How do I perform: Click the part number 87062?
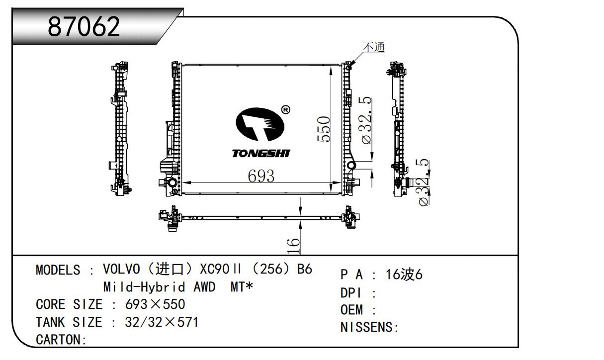[84, 26]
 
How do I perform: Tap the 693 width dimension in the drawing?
[261, 176]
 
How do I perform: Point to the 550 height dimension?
[324, 129]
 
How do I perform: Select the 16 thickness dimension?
[293, 246]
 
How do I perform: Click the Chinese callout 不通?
[374, 47]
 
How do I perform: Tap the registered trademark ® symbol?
[285, 110]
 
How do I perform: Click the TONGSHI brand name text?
[261, 154]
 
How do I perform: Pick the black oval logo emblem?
[260, 124]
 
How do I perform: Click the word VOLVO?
[121, 269]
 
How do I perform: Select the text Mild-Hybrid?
[144, 286]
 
